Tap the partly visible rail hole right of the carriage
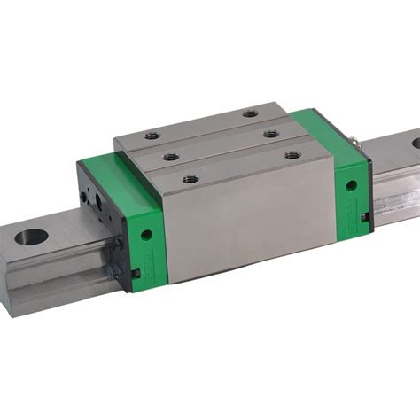click(413, 143)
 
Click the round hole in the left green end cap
click(146, 236)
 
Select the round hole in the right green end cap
click(351, 186)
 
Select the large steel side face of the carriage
click(248, 222)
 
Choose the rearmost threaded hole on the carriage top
click(251, 113)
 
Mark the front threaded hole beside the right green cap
click(293, 154)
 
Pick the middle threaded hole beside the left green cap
click(171, 158)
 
